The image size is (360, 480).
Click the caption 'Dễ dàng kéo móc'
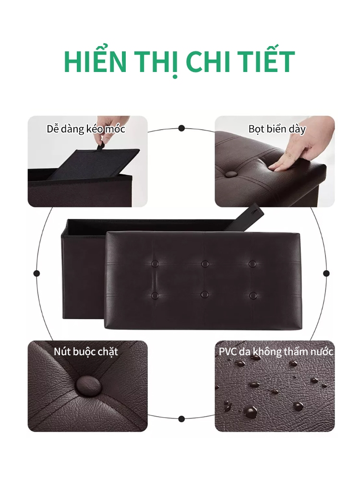[x=86, y=129]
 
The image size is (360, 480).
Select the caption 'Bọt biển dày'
[x=277, y=129]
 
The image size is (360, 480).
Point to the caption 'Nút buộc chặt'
[x=86, y=351]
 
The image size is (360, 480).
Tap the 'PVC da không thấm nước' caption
[x=276, y=351]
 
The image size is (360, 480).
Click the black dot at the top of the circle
[x=181, y=128]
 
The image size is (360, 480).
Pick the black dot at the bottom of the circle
[x=181, y=419]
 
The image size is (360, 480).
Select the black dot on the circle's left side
[x=37, y=273]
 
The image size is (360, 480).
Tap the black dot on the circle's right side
[x=326, y=273]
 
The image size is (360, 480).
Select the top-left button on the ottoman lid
[x=155, y=263]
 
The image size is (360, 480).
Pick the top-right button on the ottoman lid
[x=252, y=264]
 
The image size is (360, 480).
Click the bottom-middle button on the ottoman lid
[x=205, y=295]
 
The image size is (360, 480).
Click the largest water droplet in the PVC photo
[x=251, y=411]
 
